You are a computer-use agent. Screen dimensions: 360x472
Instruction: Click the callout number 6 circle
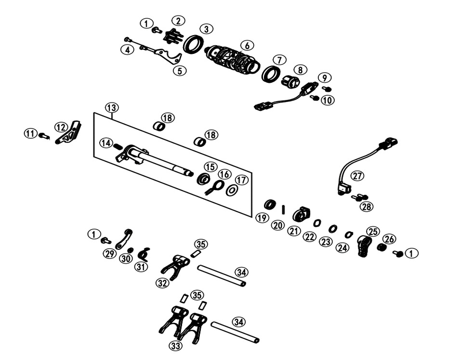click(x=247, y=46)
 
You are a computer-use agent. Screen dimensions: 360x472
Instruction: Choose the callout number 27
click(x=357, y=176)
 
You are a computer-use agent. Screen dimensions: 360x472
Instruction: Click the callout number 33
click(x=176, y=346)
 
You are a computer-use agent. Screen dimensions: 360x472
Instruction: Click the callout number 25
click(x=373, y=231)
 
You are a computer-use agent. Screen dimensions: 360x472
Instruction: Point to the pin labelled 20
click(x=284, y=208)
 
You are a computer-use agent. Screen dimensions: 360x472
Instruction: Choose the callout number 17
click(x=242, y=180)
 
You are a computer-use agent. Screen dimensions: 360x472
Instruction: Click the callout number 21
click(x=294, y=231)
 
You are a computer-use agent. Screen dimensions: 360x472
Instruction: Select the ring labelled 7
click(x=271, y=74)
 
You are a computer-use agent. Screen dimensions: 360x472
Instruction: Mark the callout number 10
click(x=328, y=101)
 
